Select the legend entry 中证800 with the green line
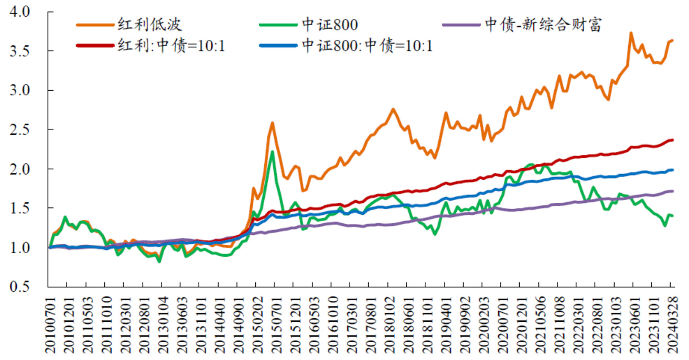tap(328, 25)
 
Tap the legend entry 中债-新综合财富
tap(542, 25)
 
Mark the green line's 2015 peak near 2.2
tap(273, 152)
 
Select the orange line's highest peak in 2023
tap(631, 33)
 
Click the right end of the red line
tap(672, 140)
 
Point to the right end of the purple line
tap(672, 191)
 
